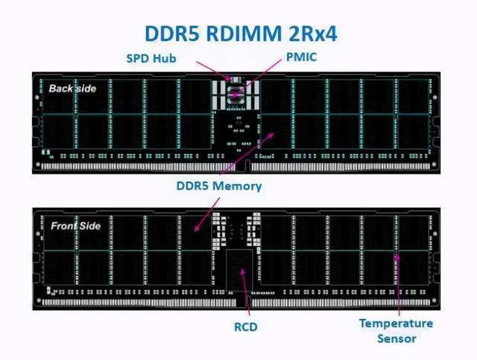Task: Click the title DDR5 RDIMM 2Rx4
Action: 241,34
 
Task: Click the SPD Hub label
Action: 151,58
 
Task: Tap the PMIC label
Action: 301,57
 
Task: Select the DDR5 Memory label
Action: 219,186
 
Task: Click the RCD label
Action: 246,326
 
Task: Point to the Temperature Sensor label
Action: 396,331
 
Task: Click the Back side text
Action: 72,89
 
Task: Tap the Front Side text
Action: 76,226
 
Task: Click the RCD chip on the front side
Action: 239,270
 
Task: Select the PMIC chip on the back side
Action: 236,95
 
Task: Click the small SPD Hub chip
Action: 235,80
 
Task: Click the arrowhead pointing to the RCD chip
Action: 242,272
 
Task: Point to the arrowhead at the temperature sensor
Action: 397,259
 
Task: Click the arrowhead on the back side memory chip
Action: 271,136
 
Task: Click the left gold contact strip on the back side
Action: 139,166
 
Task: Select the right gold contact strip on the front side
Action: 341,303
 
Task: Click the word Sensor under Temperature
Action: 397,338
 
